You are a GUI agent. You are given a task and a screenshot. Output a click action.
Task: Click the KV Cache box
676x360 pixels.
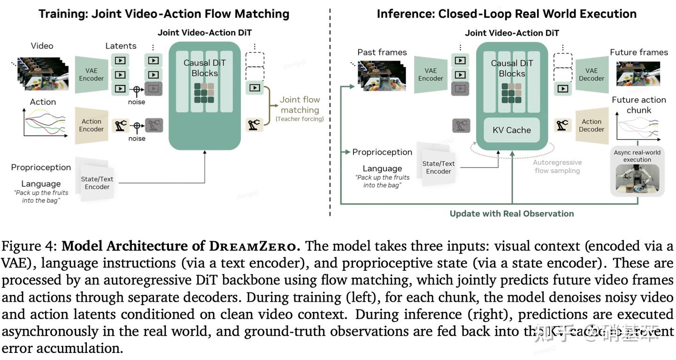[x=512, y=130]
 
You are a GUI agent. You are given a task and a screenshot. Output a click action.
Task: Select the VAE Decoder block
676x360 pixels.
[x=591, y=75]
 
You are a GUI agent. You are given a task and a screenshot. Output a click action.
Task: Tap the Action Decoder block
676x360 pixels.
[x=591, y=125]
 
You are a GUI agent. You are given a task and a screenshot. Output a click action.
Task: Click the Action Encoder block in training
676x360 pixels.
[x=92, y=125]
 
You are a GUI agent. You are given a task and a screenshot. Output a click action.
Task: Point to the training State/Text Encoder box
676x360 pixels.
[x=97, y=183]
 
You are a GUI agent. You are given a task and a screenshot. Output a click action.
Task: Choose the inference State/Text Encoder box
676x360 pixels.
[x=438, y=168]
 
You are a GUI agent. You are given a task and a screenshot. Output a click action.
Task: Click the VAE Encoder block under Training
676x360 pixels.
[x=92, y=75]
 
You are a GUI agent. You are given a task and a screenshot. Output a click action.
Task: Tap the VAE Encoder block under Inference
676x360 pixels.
[x=430, y=75]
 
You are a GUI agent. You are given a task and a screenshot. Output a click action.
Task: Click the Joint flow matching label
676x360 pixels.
[x=300, y=105]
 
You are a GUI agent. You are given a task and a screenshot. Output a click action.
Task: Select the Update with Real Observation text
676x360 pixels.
[x=512, y=214]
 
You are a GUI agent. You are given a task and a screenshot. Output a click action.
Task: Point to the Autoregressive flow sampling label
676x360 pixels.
[x=557, y=167]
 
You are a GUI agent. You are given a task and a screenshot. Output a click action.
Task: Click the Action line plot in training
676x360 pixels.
[x=43, y=122]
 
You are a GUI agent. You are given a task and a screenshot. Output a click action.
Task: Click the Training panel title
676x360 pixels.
[x=164, y=14]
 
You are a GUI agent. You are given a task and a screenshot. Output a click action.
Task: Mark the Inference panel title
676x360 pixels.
[x=507, y=14]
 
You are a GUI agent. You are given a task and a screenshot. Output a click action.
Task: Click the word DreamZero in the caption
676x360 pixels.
[x=253, y=246]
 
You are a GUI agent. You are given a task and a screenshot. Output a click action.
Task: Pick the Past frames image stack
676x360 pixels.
[x=381, y=75]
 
